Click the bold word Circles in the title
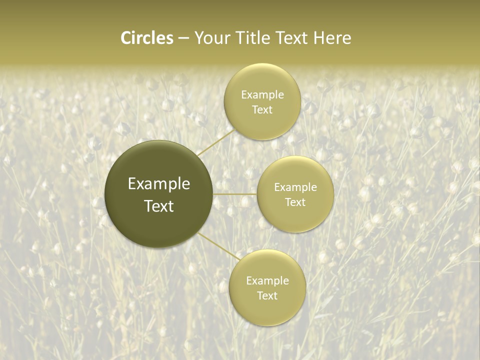[146, 38]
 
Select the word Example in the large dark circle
[159, 184]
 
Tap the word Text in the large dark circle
[159, 206]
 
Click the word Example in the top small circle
[262, 94]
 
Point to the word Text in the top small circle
[262, 109]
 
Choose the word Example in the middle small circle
[295, 187]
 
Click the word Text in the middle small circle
[295, 202]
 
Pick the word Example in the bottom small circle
[267, 280]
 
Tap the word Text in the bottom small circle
[267, 295]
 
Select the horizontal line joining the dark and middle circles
[235, 194]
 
